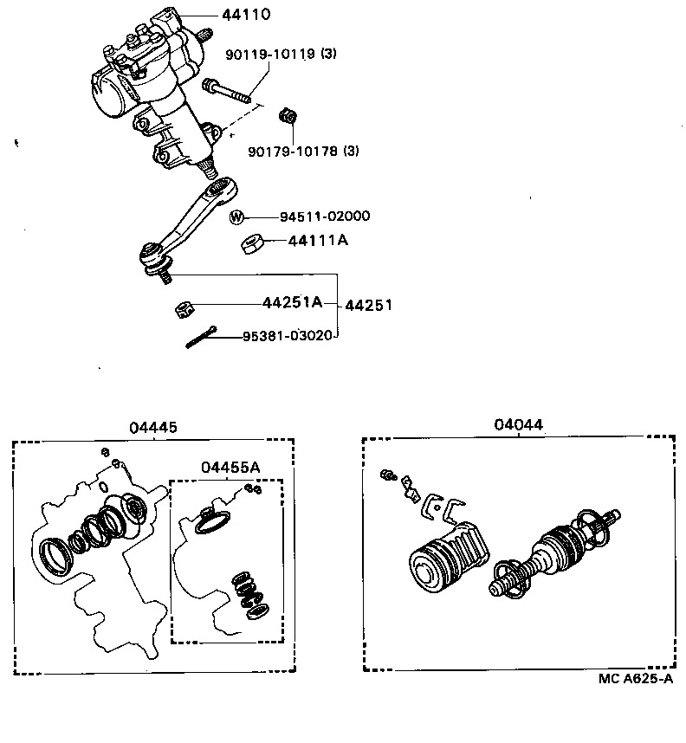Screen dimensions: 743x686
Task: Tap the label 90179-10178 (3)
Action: pos(291,152)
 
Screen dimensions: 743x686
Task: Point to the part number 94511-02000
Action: pos(318,216)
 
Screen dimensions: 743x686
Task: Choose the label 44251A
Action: pos(292,302)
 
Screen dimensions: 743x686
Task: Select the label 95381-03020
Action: pos(288,335)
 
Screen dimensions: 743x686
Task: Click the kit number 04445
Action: pos(153,427)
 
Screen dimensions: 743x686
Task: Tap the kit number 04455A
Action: pos(230,468)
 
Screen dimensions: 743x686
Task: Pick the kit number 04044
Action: pos(518,424)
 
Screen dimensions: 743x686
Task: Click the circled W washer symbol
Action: pos(238,216)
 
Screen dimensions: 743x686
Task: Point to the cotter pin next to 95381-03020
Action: pos(201,338)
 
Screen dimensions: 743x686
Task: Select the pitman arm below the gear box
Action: pos(191,221)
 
